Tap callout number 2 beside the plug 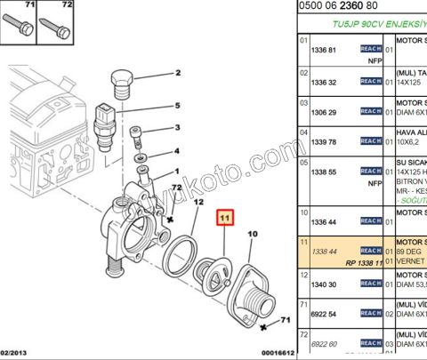coord(176,73)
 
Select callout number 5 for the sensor coord(176,105)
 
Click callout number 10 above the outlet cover coord(252,234)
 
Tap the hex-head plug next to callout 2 coord(123,87)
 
